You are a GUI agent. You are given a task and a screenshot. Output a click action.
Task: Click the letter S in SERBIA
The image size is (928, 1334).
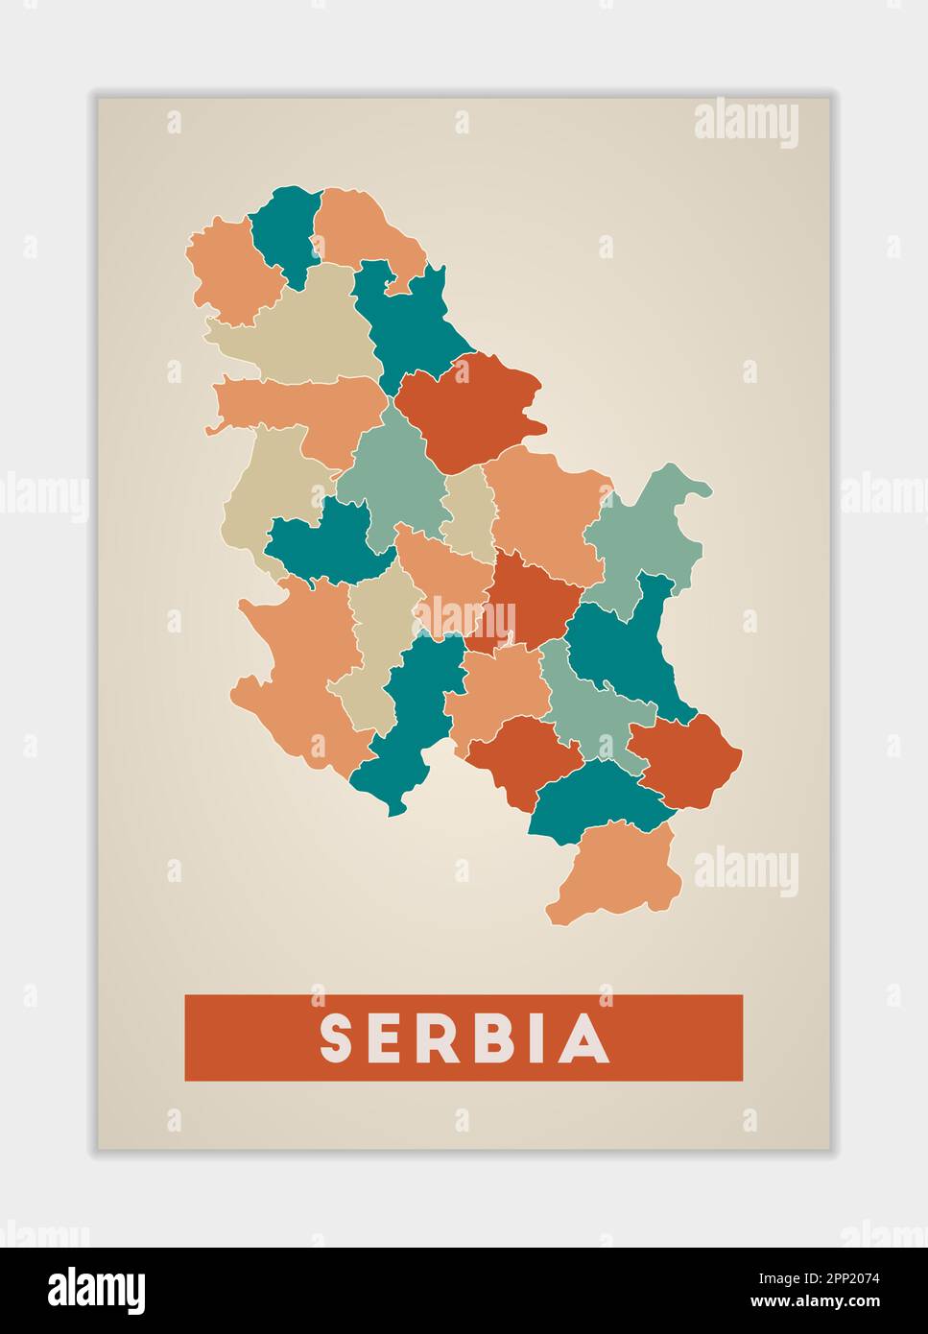tap(339, 1038)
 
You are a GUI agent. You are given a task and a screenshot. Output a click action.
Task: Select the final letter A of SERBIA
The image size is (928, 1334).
tap(584, 1038)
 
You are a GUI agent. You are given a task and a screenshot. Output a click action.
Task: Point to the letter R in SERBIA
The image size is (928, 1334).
tap(433, 1038)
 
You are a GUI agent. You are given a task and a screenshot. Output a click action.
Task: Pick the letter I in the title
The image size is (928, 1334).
tap(533, 1038)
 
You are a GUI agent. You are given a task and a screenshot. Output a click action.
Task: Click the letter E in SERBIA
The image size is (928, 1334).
tap(386, 1038)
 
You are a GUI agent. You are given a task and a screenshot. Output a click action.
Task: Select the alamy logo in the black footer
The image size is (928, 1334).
tap(96, 1291)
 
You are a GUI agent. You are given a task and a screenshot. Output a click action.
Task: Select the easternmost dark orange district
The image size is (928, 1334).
tap(688, 758)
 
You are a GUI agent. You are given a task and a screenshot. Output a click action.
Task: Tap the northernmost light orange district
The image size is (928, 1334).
tap(360, 226)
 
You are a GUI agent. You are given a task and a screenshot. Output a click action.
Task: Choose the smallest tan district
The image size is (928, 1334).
tap(470, 513)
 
